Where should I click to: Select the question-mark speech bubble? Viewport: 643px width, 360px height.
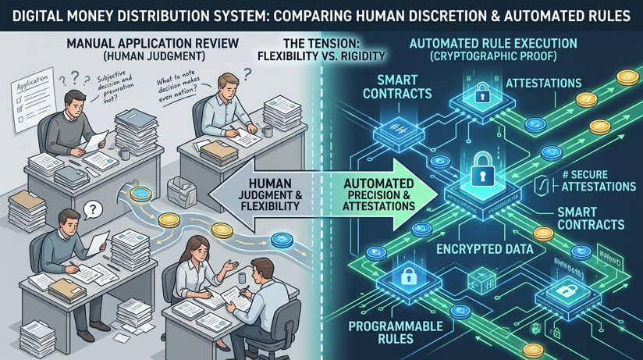pos(91,209)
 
